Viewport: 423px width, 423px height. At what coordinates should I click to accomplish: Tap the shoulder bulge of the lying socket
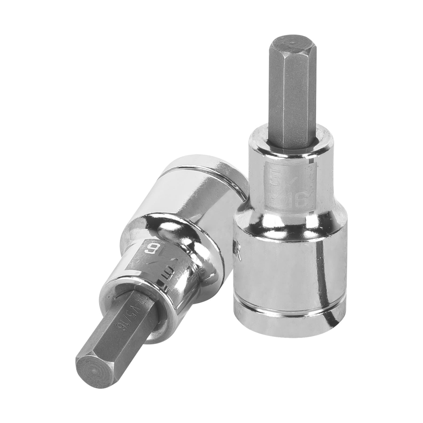[x=169, y=237]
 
